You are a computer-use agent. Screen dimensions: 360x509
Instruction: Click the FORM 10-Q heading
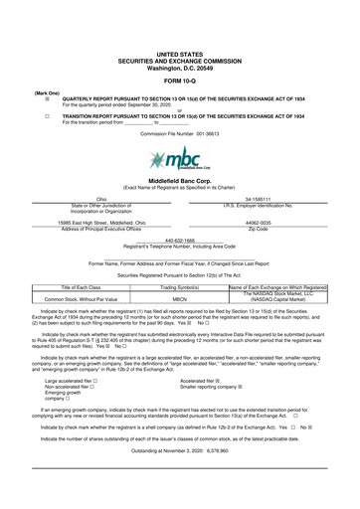(179, 80)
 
